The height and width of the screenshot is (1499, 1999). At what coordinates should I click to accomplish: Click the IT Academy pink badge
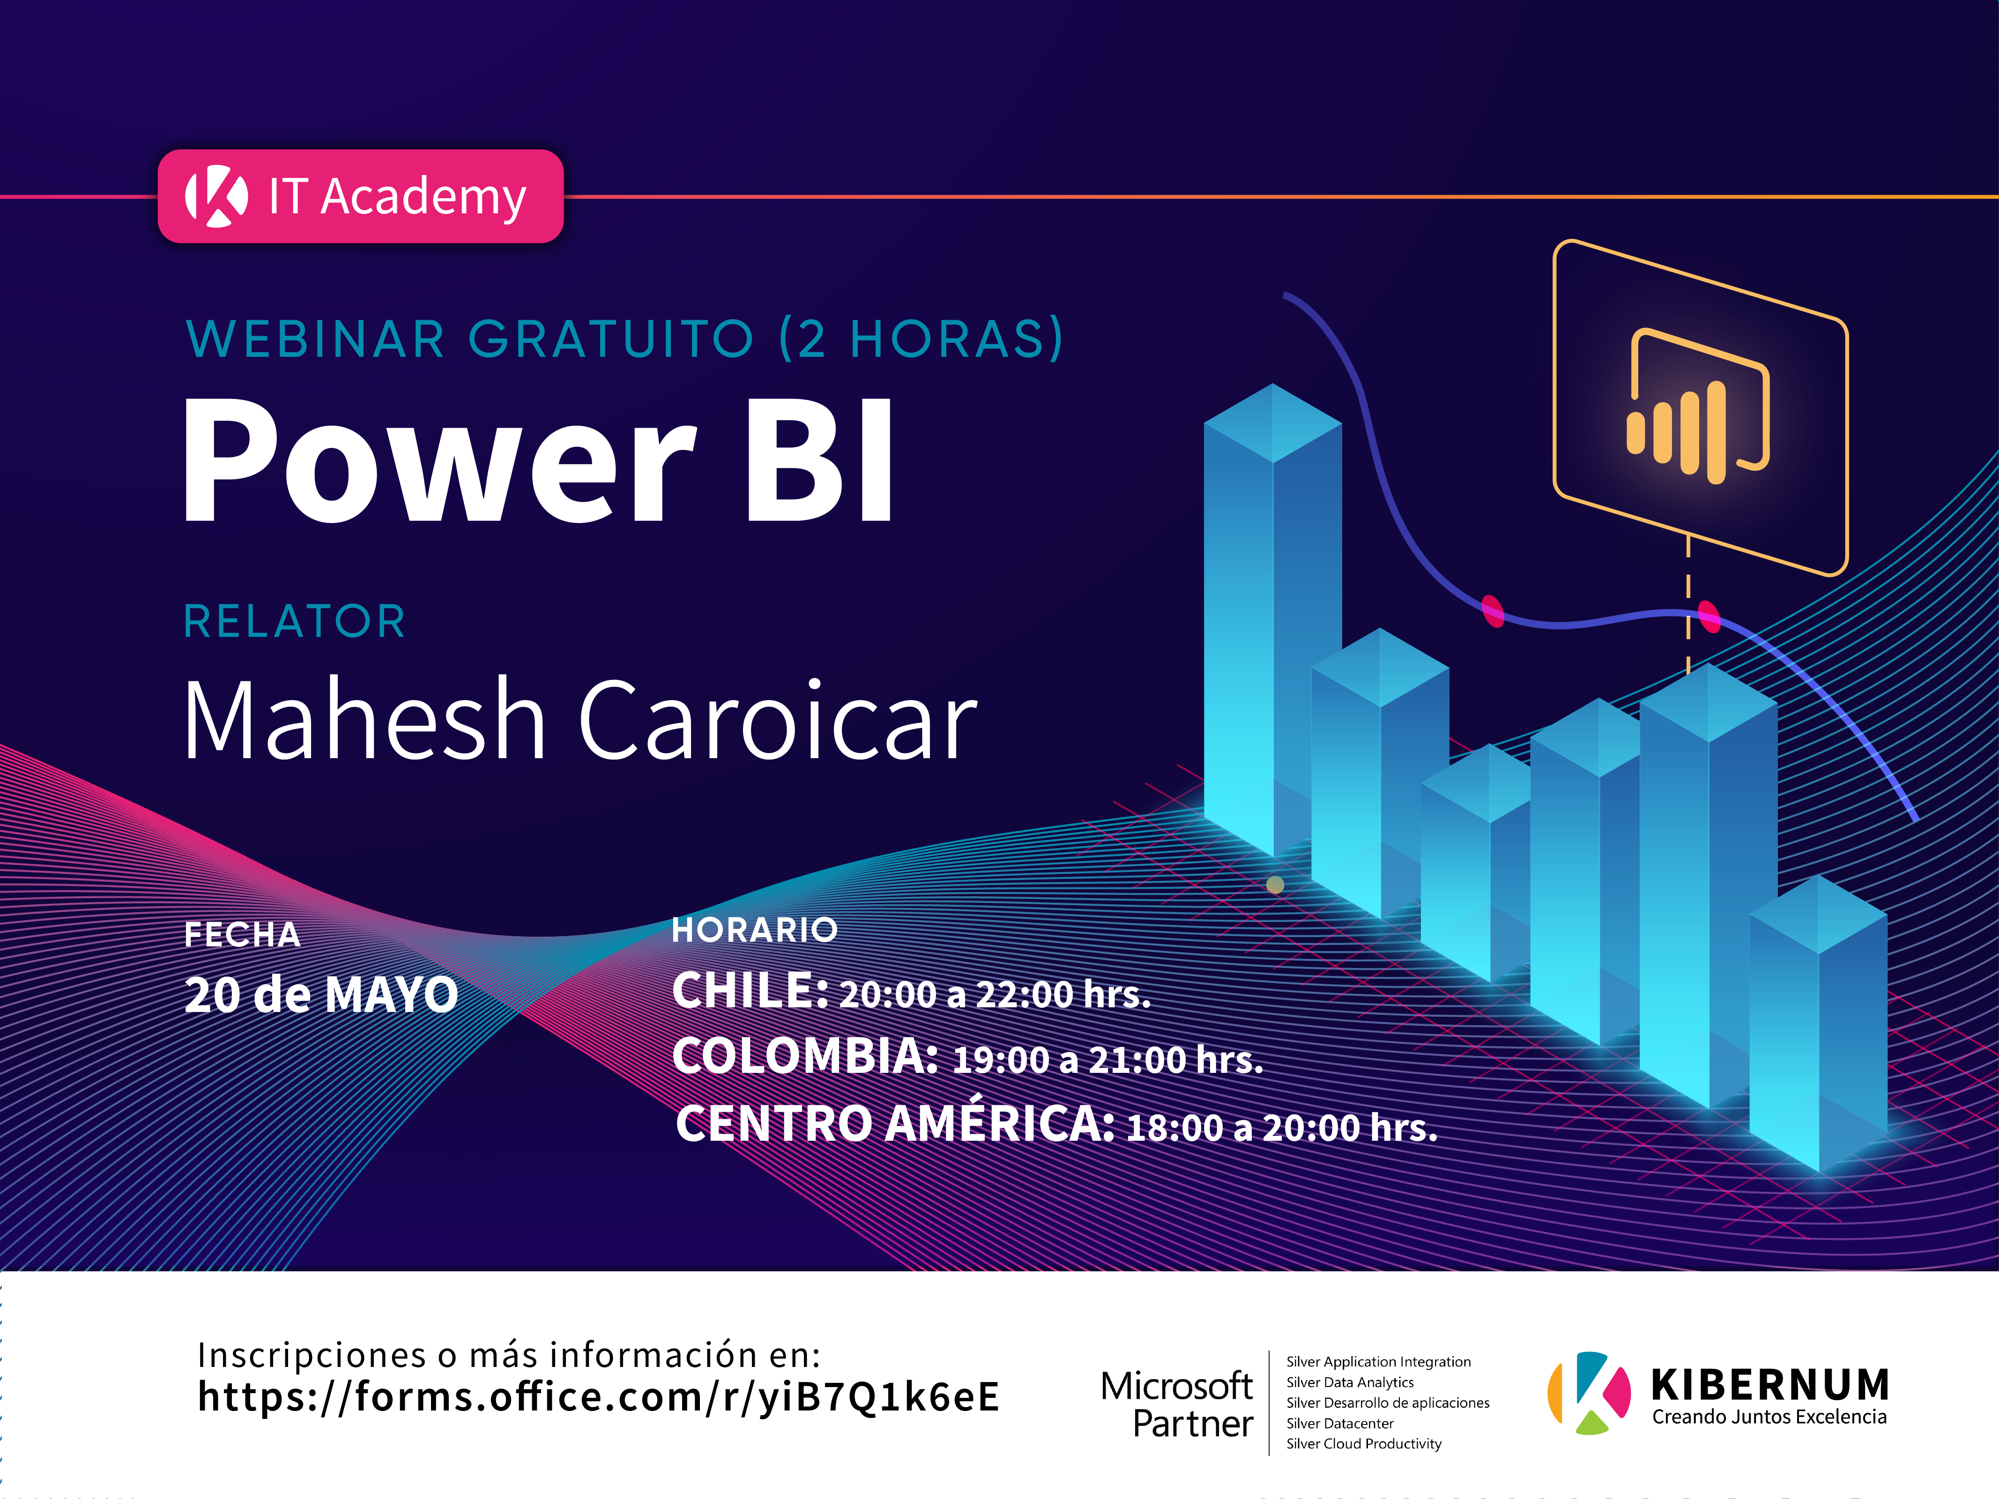[x=361, y=196]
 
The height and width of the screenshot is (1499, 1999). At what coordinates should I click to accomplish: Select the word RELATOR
[x=295, y=621]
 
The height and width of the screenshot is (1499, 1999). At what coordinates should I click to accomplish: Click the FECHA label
[x=242, y=934]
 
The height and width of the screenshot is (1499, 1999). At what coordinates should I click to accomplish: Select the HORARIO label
[x=755, y=930]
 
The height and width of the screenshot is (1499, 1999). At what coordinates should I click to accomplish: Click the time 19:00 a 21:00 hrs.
[x=1108, y=1060]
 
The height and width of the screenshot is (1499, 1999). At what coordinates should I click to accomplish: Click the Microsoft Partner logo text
[x=1177, y=1404]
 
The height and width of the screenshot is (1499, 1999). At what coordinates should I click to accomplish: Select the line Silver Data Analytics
[x=1350, y=1382]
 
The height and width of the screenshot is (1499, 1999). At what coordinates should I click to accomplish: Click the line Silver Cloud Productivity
[x=1364, y=1444]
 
